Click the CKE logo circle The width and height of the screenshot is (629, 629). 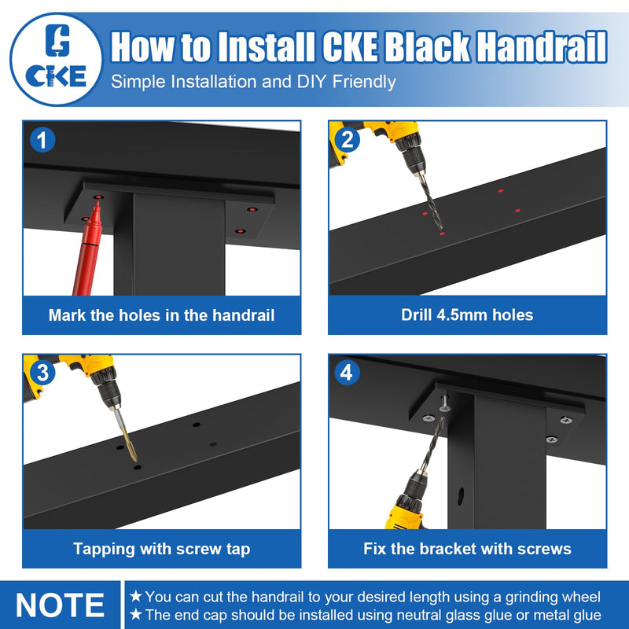56,60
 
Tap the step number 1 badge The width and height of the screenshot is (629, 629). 42,140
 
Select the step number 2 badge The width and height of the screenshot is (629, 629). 348,140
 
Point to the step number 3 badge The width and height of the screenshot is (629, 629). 42,372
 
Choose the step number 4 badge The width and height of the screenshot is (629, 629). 348,372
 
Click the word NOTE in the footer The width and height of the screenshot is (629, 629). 61,605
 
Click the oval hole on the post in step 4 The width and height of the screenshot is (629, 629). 461,496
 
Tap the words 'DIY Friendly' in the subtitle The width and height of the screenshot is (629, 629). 346,82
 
